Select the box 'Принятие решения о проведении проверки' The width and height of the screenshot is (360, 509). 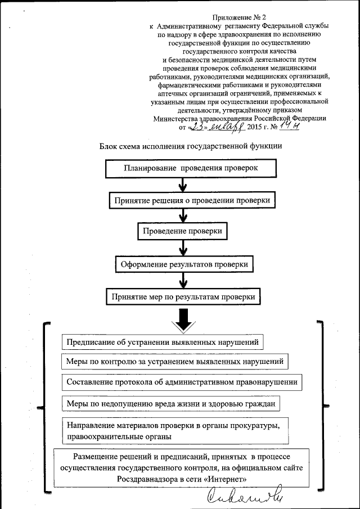192,200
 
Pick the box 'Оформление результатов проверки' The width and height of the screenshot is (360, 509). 185,263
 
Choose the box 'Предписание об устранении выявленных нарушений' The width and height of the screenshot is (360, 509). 163,341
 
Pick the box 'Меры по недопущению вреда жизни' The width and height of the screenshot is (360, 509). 170,404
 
